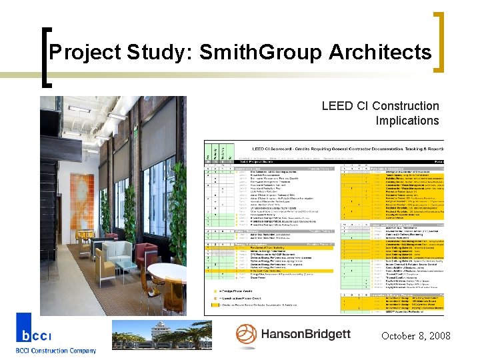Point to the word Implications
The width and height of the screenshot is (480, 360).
[x=407, y=121]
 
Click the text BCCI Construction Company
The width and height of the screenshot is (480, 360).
[x=56, y=351]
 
